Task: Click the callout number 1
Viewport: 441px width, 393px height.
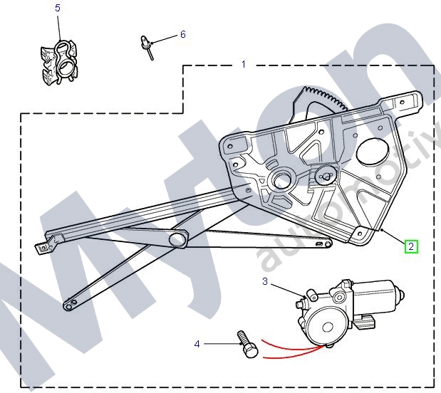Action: click(243, 64)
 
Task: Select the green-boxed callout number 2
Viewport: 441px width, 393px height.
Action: click(411, 246)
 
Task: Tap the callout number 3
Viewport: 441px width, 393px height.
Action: click(265, 282)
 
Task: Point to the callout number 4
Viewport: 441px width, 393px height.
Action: click(197, 345)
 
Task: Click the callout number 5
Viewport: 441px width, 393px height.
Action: click(58, 8)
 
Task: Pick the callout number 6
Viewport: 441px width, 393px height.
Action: click(182, 34)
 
